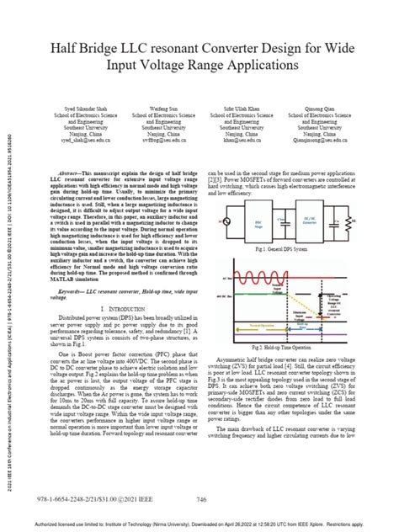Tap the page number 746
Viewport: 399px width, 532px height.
[x=201, y=499]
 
